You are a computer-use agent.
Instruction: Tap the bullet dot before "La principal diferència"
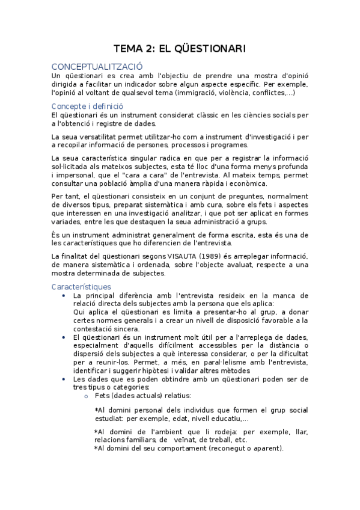pyautogui.click(x=64, y=296)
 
